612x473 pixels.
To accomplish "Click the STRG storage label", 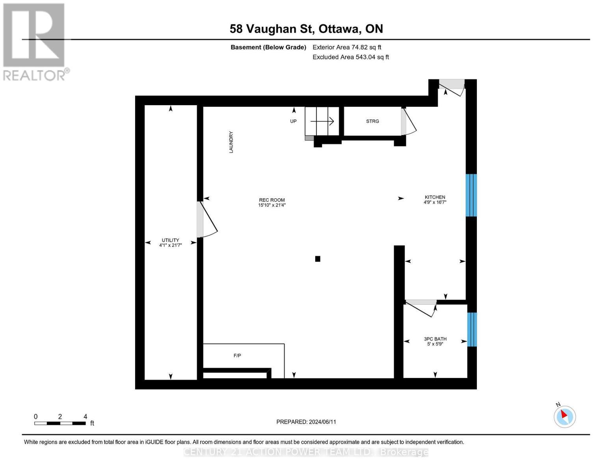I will pyautogui.click(x=372, y=121).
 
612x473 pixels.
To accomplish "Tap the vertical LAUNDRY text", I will pyautogui.click(x=231, y=142).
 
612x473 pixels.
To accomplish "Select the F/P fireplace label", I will pyautogui.click(x=237, y=356).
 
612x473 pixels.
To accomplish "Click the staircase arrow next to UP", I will pyautogui.click(x=322, y=121).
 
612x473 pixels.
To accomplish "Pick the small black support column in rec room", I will pyautogui.click(x=318, y=259).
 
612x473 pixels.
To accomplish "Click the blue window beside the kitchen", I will pyautogui.click(x=471, y=195).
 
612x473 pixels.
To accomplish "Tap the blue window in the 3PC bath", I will pyautogui.click(x=472, y=330).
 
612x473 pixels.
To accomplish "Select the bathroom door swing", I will pyautogui.click(x=421, y=308).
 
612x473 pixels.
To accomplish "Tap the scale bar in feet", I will pyautogui.click(x=60, y=423).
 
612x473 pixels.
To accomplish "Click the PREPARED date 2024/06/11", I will pyautogui.click(x=306, y=422).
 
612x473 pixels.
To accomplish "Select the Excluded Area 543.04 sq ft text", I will pyautogui.click(x=351, y=57).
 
